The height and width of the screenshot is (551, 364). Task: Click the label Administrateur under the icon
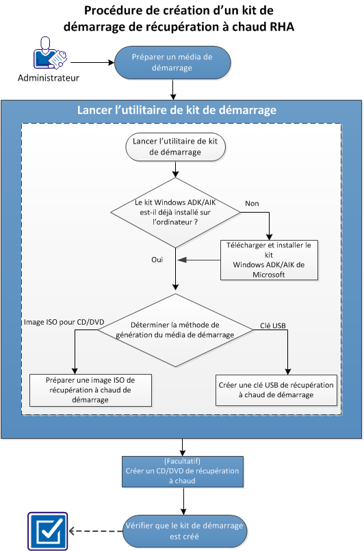(x=49, y=78)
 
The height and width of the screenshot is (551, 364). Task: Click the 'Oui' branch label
(x=157, y=260)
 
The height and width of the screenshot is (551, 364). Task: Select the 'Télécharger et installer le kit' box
(x=269, y=259)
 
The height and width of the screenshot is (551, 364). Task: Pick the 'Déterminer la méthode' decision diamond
(x=177, y=330)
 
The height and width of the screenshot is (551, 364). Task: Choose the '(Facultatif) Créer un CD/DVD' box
(x=183, y=471)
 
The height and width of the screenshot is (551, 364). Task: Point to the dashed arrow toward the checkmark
(x=96, y=531)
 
